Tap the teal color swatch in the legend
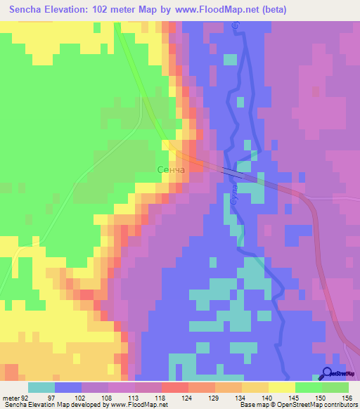pos(41,387)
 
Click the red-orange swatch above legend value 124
pos(174,387)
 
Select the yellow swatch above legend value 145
pos(281,387)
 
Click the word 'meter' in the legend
pos(11,398)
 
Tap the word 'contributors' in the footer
pos(339,405)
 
